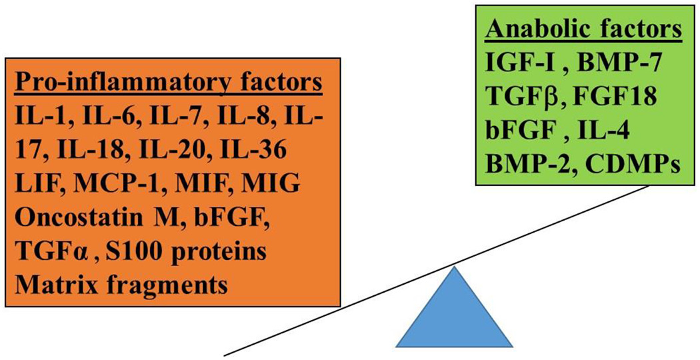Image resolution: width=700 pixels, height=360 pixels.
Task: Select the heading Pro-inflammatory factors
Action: point(169,85)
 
